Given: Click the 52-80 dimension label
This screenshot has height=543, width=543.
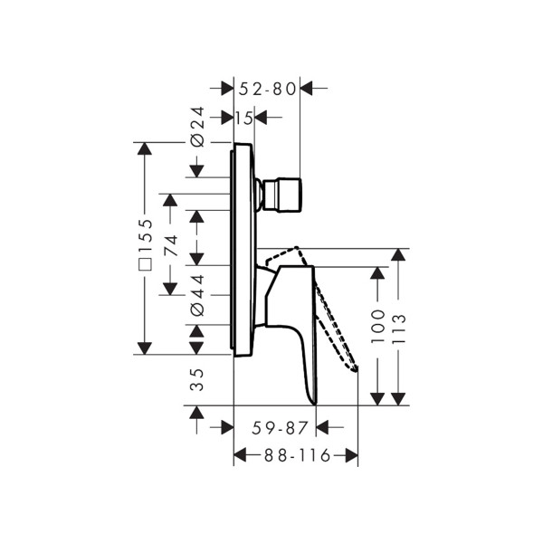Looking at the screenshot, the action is point(267,89).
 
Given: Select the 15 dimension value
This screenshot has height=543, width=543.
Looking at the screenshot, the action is point(244,119).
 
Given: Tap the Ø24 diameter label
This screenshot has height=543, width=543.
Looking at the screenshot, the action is point(197,127).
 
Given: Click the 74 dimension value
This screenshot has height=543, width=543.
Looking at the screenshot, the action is point(171,245).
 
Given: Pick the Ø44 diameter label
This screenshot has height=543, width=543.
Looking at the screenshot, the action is point(197,295).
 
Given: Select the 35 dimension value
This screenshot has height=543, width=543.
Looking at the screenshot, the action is point(197,380).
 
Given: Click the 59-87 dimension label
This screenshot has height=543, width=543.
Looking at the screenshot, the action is point(280,428).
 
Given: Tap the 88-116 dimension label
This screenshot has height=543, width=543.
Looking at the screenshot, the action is point(298,455).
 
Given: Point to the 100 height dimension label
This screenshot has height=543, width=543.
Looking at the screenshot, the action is point(377,327).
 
